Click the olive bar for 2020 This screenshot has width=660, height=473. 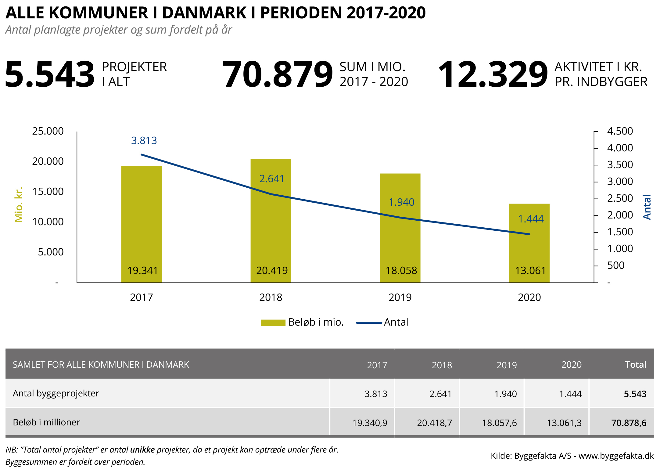pyautogui.click(x=529, y=244)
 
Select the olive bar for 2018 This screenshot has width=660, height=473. pyautogui.click(x=271, y=232)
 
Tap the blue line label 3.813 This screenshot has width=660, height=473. pyautogui.click(x=144, y=141)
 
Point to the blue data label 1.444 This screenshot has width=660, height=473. pyautogui.click(x=531, y=219)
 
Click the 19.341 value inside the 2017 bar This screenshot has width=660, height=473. pyautogui.click(x=142, y=271)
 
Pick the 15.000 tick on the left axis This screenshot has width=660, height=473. pyautogui.click(x=48, y=192)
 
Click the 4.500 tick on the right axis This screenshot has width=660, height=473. pyautogui.click(x=620, y=131)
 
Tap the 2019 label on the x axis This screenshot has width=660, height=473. pyautogui.click(x=400, y=298)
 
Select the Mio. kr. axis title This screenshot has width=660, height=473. pyautogui.click(x=19, y=204)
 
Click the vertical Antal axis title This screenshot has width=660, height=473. pyautogui.click(x=647, y=207)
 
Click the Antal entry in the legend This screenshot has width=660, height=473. pyautogui.click(x=396, y=322)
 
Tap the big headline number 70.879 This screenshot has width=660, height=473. pyautogui.click(x=277, y=74)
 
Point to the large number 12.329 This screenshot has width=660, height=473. pyautogui.click(x=493, y=74)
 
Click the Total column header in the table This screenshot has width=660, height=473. pyautogui.click(x=635, y=365)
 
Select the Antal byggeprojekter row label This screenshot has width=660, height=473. pyautogui.click(x=56, y=393)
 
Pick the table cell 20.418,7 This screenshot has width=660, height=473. pyautogui.click(x=434, y=423)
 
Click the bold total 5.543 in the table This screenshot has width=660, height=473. pyautogui.click(x=635, y=394)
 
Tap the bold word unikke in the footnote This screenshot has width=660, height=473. pyautogui.click(x=142, y=450)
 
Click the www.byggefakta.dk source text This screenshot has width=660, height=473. pyautogui.click(x=616, y=456)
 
